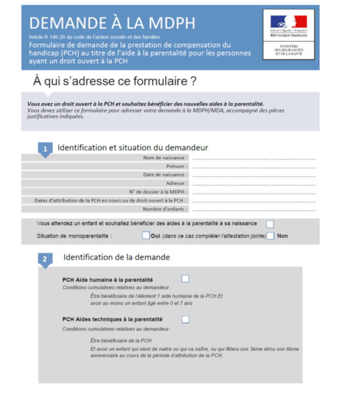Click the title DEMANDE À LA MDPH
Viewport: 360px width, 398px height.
(x=112, y=23)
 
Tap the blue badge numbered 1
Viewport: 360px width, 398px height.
(x=45, y=149)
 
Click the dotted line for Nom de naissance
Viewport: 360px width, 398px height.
(x=254, y=158)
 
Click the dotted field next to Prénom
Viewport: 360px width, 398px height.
(x=254, y=167)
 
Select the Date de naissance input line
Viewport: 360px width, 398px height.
(x=254, y=175)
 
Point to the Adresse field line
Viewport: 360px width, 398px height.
(x=254, y=184)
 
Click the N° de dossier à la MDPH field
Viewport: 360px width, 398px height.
(x=254, y=192)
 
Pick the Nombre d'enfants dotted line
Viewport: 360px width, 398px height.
(x=254, y=209)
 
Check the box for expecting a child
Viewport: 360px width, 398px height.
(x=270, y=224)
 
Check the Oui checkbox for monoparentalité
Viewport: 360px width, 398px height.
(x=145, y=235)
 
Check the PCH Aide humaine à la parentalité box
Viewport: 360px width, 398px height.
(x=185, y=279)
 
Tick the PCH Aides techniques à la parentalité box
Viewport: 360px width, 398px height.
(x=185, y=319)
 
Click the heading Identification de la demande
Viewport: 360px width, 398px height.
(x=117, y=257)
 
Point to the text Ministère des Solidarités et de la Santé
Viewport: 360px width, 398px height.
(x=288, y=50)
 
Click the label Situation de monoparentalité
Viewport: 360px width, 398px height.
(x=74, y=236)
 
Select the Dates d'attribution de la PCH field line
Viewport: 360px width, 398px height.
(x=254, y=201)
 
